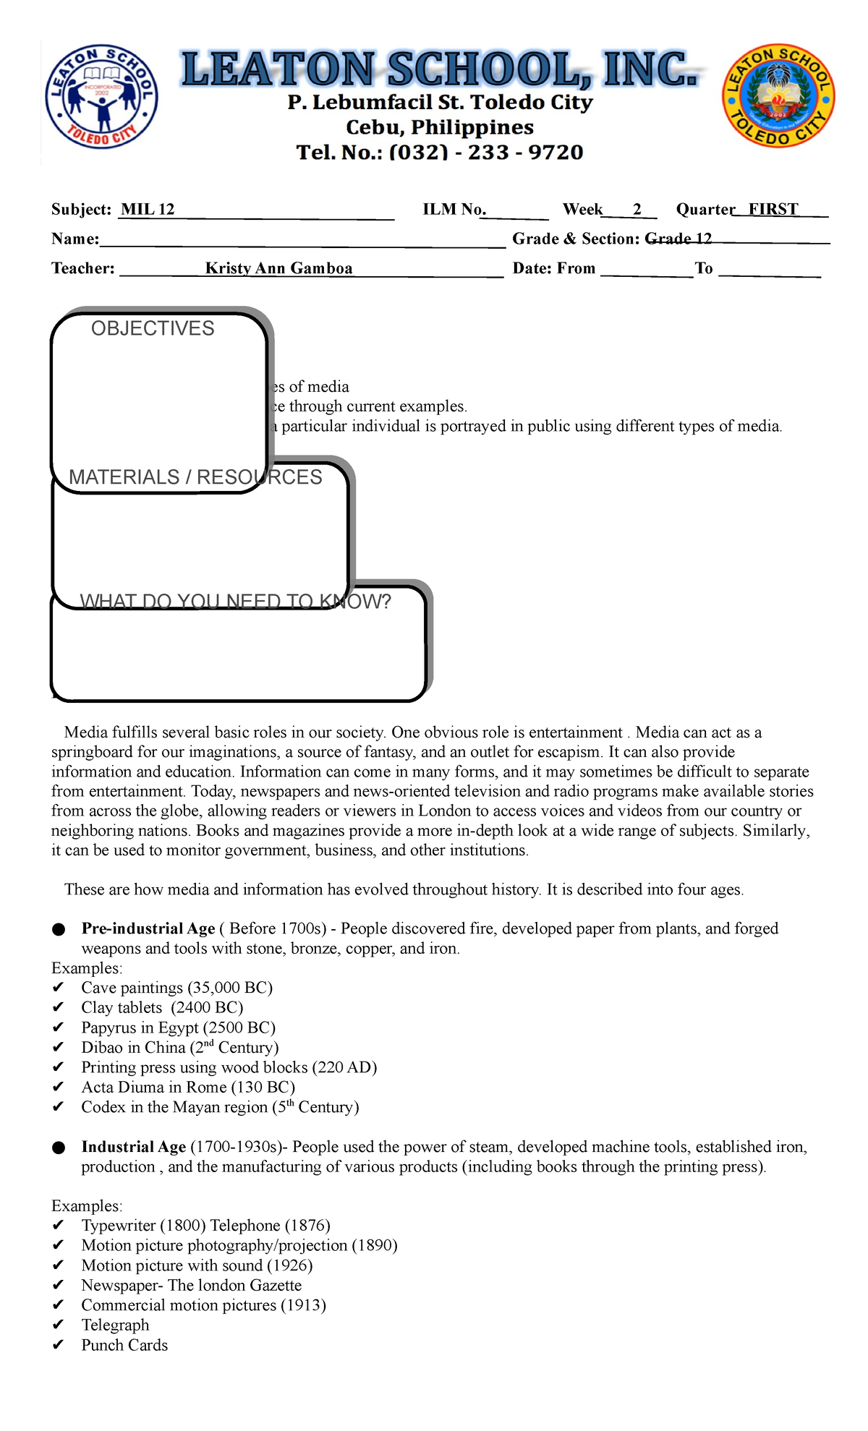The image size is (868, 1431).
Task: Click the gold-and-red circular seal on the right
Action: coord(778,95)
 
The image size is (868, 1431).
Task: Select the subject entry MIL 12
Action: coord(148,210)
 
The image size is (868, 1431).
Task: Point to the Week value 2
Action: coord(637,210)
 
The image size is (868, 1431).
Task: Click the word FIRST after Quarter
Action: coord(773,210)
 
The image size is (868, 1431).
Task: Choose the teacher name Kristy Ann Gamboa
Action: coord(278,268)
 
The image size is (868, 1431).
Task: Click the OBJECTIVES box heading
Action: coord(153,328)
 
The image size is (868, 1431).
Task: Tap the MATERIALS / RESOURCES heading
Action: coord(195,477)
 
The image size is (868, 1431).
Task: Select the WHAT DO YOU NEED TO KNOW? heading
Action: coord(235,602)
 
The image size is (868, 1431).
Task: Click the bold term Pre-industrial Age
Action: coord(148,928)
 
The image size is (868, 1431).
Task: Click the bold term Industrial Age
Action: coord(134,1147)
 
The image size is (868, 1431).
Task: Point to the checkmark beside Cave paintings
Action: coord(59,988)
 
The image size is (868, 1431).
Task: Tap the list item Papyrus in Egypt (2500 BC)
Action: coord(178,1028)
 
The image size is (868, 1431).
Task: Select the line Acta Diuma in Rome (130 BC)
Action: coord(188,1087)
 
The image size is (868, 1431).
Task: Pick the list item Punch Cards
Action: coord(124,1345)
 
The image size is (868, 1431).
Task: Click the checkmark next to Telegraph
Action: coord(59,1325)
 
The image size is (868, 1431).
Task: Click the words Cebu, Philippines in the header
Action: coord(440,127)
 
